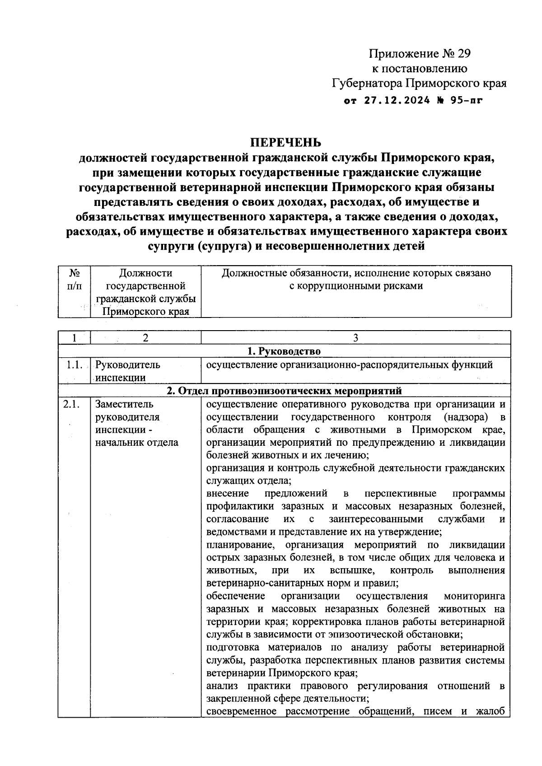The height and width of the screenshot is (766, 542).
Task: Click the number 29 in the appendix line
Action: pos(462,54)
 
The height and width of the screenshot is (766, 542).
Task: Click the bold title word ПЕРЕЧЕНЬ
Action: pos(286,142)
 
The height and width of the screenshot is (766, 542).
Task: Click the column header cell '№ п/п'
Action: pos(75,280)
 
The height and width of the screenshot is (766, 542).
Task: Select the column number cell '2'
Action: pos(145,338)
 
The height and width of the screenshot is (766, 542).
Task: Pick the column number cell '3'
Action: pos(355,338)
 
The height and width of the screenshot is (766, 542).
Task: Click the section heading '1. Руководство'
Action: pos(284,351)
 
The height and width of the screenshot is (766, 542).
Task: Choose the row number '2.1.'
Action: pos(71,404)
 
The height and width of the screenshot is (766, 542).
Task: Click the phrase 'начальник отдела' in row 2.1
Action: pos(136,443)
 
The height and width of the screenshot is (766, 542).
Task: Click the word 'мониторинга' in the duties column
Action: pos(474,596)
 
